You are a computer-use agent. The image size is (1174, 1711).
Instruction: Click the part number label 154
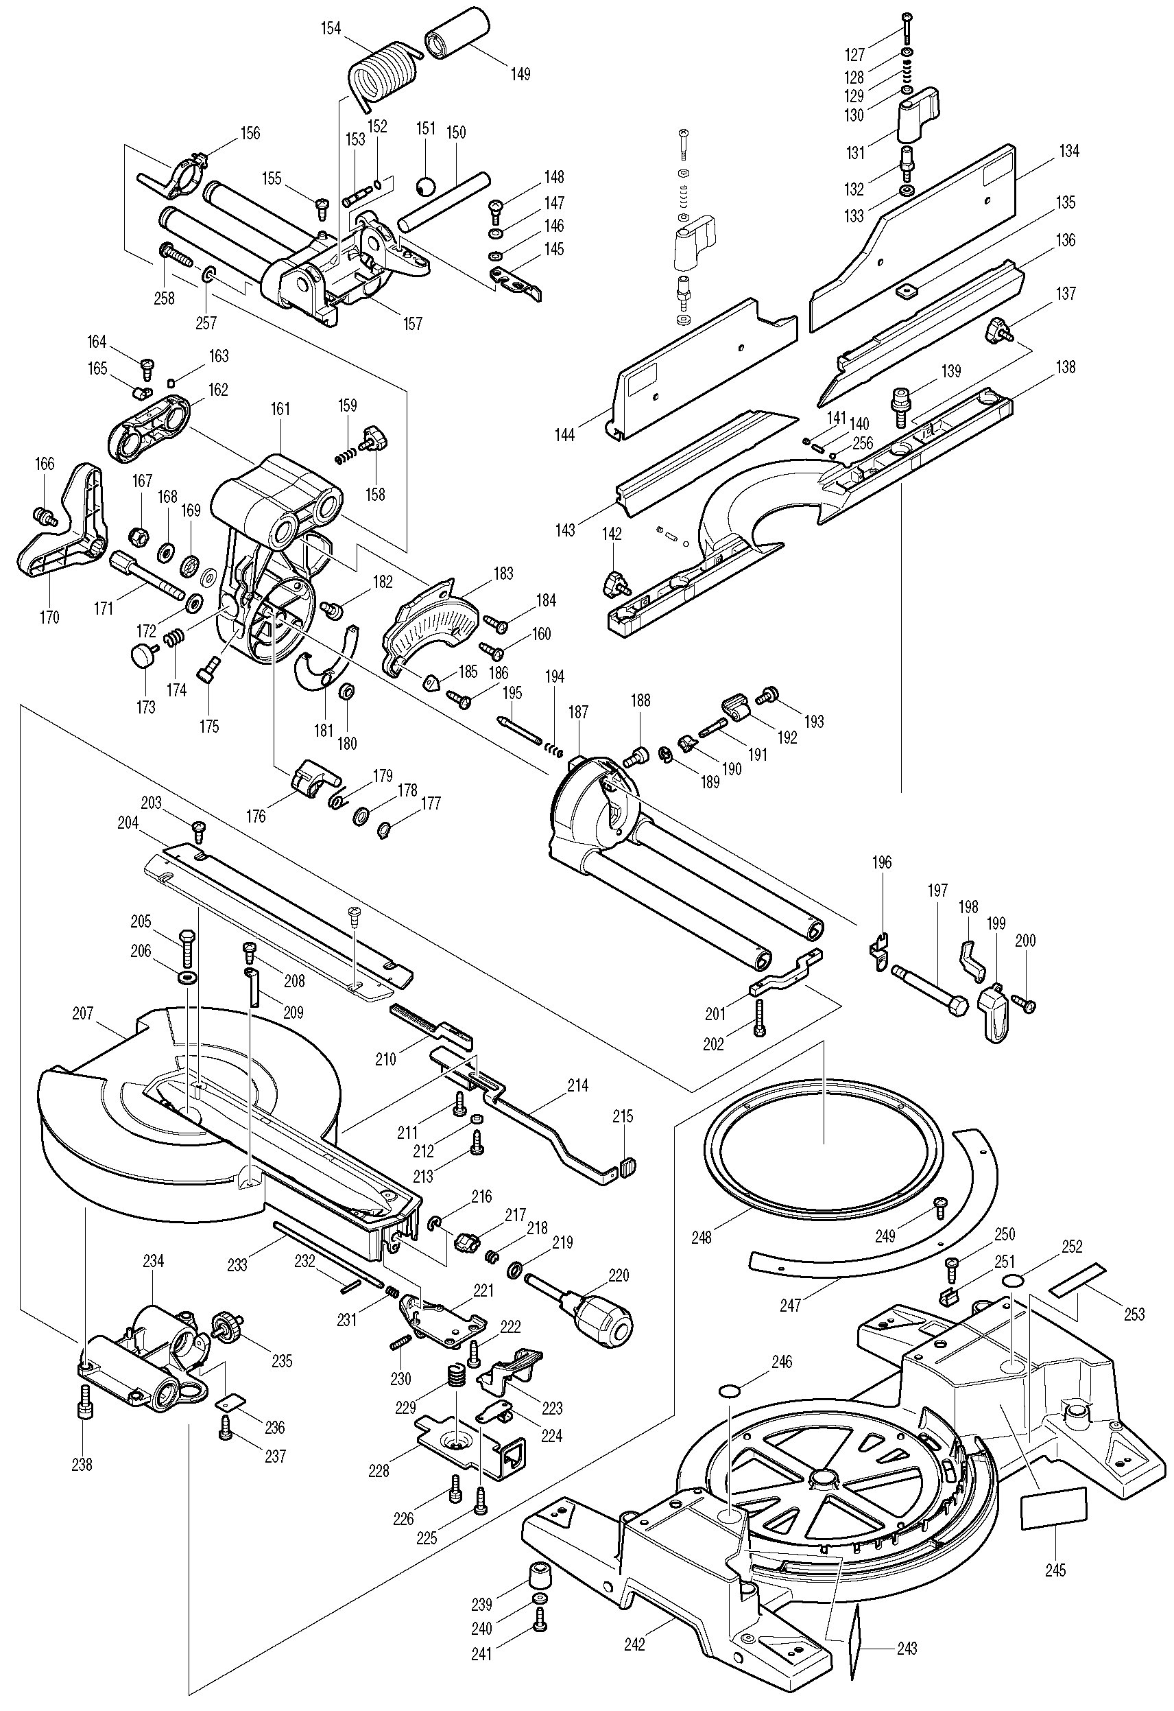[331, 29]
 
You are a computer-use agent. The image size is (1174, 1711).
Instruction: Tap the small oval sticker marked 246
[731, 1389]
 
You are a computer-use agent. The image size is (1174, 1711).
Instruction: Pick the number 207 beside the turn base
[83, 1014]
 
